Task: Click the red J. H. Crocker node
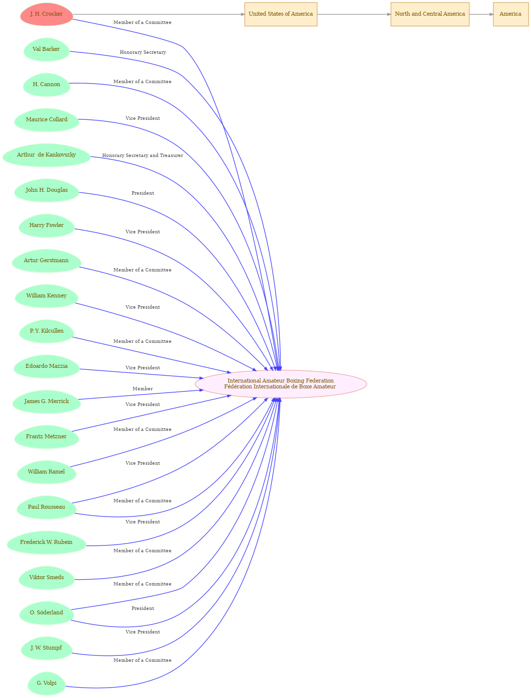pos(46,14)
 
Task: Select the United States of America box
pos(280,14)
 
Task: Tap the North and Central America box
pos(430,14)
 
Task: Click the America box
pos(510,14)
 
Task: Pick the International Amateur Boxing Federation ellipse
pos(280,383)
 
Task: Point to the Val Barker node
pos(46,49)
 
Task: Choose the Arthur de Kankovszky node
pos(46,155)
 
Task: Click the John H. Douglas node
pos(46,190)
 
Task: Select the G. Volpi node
pos(46,683)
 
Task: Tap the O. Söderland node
pos(46,612)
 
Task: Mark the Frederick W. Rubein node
pos(46,542)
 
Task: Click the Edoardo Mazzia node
pos(46,366)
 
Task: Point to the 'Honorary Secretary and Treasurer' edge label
pos(142,155)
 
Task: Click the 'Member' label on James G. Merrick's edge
pos(142,388)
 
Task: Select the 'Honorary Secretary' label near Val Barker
pos(142,52)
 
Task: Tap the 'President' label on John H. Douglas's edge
pos(142,193)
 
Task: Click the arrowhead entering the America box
pos(491,14)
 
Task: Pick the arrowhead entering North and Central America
pos(389,14)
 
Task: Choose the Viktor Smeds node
pos(46,577)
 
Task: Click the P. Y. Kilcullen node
pos(46,331)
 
